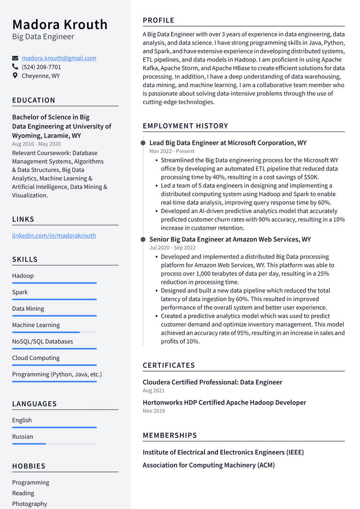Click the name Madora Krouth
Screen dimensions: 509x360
click(60, 24)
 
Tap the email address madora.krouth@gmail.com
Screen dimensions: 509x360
click(59, 58)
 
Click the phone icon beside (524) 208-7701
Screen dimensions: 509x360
click(15, 67)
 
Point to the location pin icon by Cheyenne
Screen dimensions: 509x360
click(15, 75)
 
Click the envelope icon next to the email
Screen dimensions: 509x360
click(15, 59)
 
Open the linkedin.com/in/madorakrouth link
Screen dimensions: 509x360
click(54, 235)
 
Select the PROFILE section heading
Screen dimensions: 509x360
click(158, 20)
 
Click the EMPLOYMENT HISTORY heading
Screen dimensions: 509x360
click(185, 126)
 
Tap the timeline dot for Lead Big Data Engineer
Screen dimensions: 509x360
click(143, 143)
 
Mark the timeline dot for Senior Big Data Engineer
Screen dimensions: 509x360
click(143, 240)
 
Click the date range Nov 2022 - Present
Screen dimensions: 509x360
click(172, 151)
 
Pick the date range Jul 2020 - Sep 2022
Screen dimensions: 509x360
click(172, 247)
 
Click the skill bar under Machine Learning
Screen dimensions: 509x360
click(54, 332)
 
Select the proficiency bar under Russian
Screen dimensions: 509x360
click(54, 443)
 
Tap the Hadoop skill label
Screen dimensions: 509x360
click(23, 276)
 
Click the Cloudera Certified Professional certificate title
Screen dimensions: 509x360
click(212, 382)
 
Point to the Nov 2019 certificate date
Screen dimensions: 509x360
click(154, 411)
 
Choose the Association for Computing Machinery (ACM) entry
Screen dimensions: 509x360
click(209, 465)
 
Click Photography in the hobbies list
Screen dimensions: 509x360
click(30, 504)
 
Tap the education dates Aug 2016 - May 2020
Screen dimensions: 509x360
click(37, 144)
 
